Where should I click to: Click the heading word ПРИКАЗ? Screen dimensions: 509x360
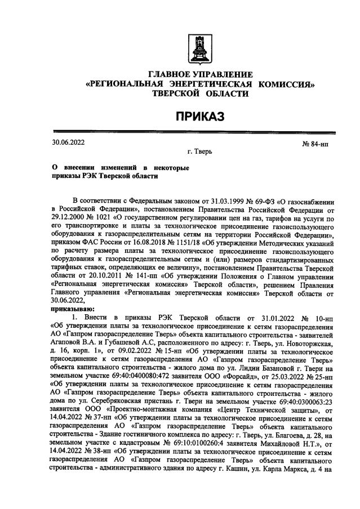198,116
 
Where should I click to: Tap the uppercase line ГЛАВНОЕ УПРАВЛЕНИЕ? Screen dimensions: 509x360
199,75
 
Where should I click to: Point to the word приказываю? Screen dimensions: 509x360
74,309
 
